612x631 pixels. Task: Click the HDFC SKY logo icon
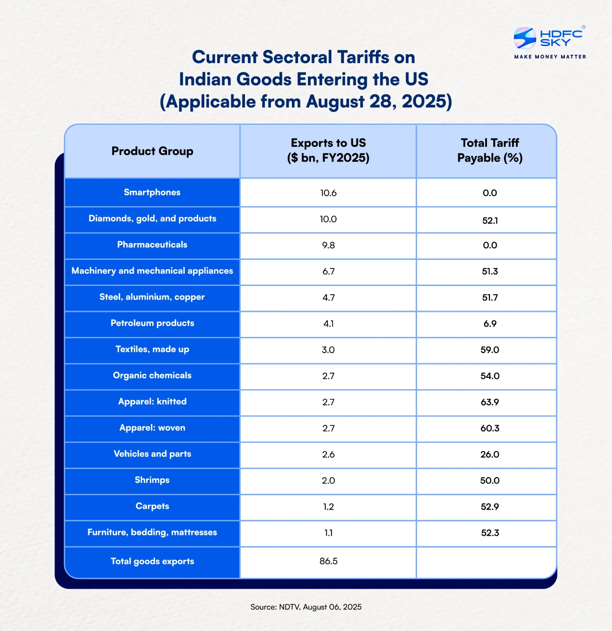click(x=525, y=38)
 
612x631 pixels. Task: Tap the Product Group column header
click(x=152, y=151)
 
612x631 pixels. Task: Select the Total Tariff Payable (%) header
click(x=490, y=150)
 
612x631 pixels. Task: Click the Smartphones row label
click(x=152, y=192)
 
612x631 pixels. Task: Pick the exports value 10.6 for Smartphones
click(x=328, y=193)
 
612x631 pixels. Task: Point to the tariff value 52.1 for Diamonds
click(x=490, y=220)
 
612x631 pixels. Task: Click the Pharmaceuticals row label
click(x=152, y=245)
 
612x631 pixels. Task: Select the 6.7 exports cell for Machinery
click(x=328, y=271)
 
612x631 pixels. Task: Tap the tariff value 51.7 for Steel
click(x=490, y=297)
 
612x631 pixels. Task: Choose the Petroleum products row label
click(x=152, y=323)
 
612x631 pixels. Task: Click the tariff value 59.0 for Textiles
click(x=490, y=350)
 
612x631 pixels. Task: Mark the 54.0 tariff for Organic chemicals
click(x=490, y=376)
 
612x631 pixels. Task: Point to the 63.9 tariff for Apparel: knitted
click(x=490, y=402)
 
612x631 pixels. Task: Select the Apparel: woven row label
click(x=152, y=427)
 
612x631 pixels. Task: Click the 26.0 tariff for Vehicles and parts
click(x=490, y=454)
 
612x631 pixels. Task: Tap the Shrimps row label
click(x=152, y=480)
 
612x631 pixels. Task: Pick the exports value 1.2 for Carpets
click(x=328, y=507)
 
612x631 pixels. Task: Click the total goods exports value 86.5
click(x=328, y=561)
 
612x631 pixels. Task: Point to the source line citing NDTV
click(x=306, y=607)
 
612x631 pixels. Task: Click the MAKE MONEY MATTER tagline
click(x=550, y=57)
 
